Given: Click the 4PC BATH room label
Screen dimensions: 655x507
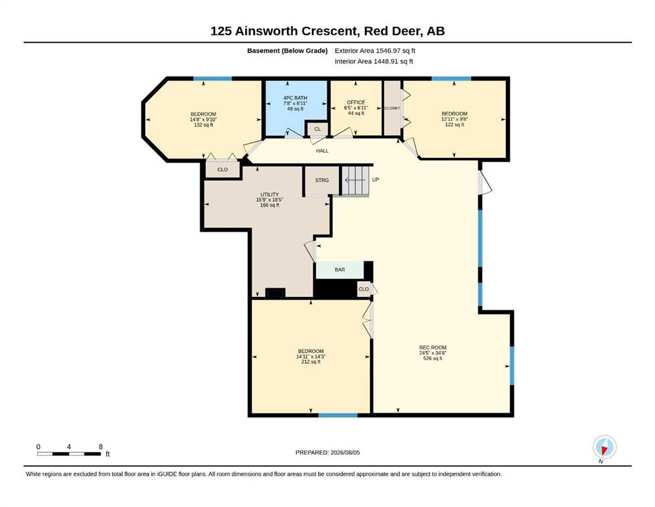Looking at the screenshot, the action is [295, 98].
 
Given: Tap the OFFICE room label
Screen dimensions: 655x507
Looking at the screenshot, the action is [356, 102].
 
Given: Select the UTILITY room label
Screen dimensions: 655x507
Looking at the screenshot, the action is [269, 194].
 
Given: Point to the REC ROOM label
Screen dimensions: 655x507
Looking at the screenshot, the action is [433, 347].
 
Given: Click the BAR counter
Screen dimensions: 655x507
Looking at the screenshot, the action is [340, 269].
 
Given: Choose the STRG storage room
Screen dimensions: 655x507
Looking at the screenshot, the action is [322, 180].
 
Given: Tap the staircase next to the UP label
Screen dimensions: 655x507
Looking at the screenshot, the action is [356, 180].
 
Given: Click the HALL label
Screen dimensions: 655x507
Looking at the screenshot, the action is [322, 151].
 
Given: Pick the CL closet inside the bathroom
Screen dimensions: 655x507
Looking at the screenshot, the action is [317, 129].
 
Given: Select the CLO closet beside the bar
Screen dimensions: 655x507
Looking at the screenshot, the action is [364, 289].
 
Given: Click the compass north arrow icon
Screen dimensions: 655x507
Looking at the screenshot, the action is [604, 447].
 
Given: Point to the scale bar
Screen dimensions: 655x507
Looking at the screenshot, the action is [69, 454].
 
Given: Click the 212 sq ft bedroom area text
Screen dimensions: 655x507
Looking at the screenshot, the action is [311, 362].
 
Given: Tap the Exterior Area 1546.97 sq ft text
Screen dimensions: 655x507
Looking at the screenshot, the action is [375, 51].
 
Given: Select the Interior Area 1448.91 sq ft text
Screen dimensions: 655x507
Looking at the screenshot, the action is [374, 61].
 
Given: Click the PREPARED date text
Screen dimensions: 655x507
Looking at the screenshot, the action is [327, 452].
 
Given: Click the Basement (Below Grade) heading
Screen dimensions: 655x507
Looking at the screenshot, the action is [288, 51].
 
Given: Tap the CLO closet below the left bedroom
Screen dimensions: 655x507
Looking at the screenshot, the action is [223, 169].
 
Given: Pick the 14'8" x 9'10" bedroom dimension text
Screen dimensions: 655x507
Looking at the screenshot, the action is [203, 119].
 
